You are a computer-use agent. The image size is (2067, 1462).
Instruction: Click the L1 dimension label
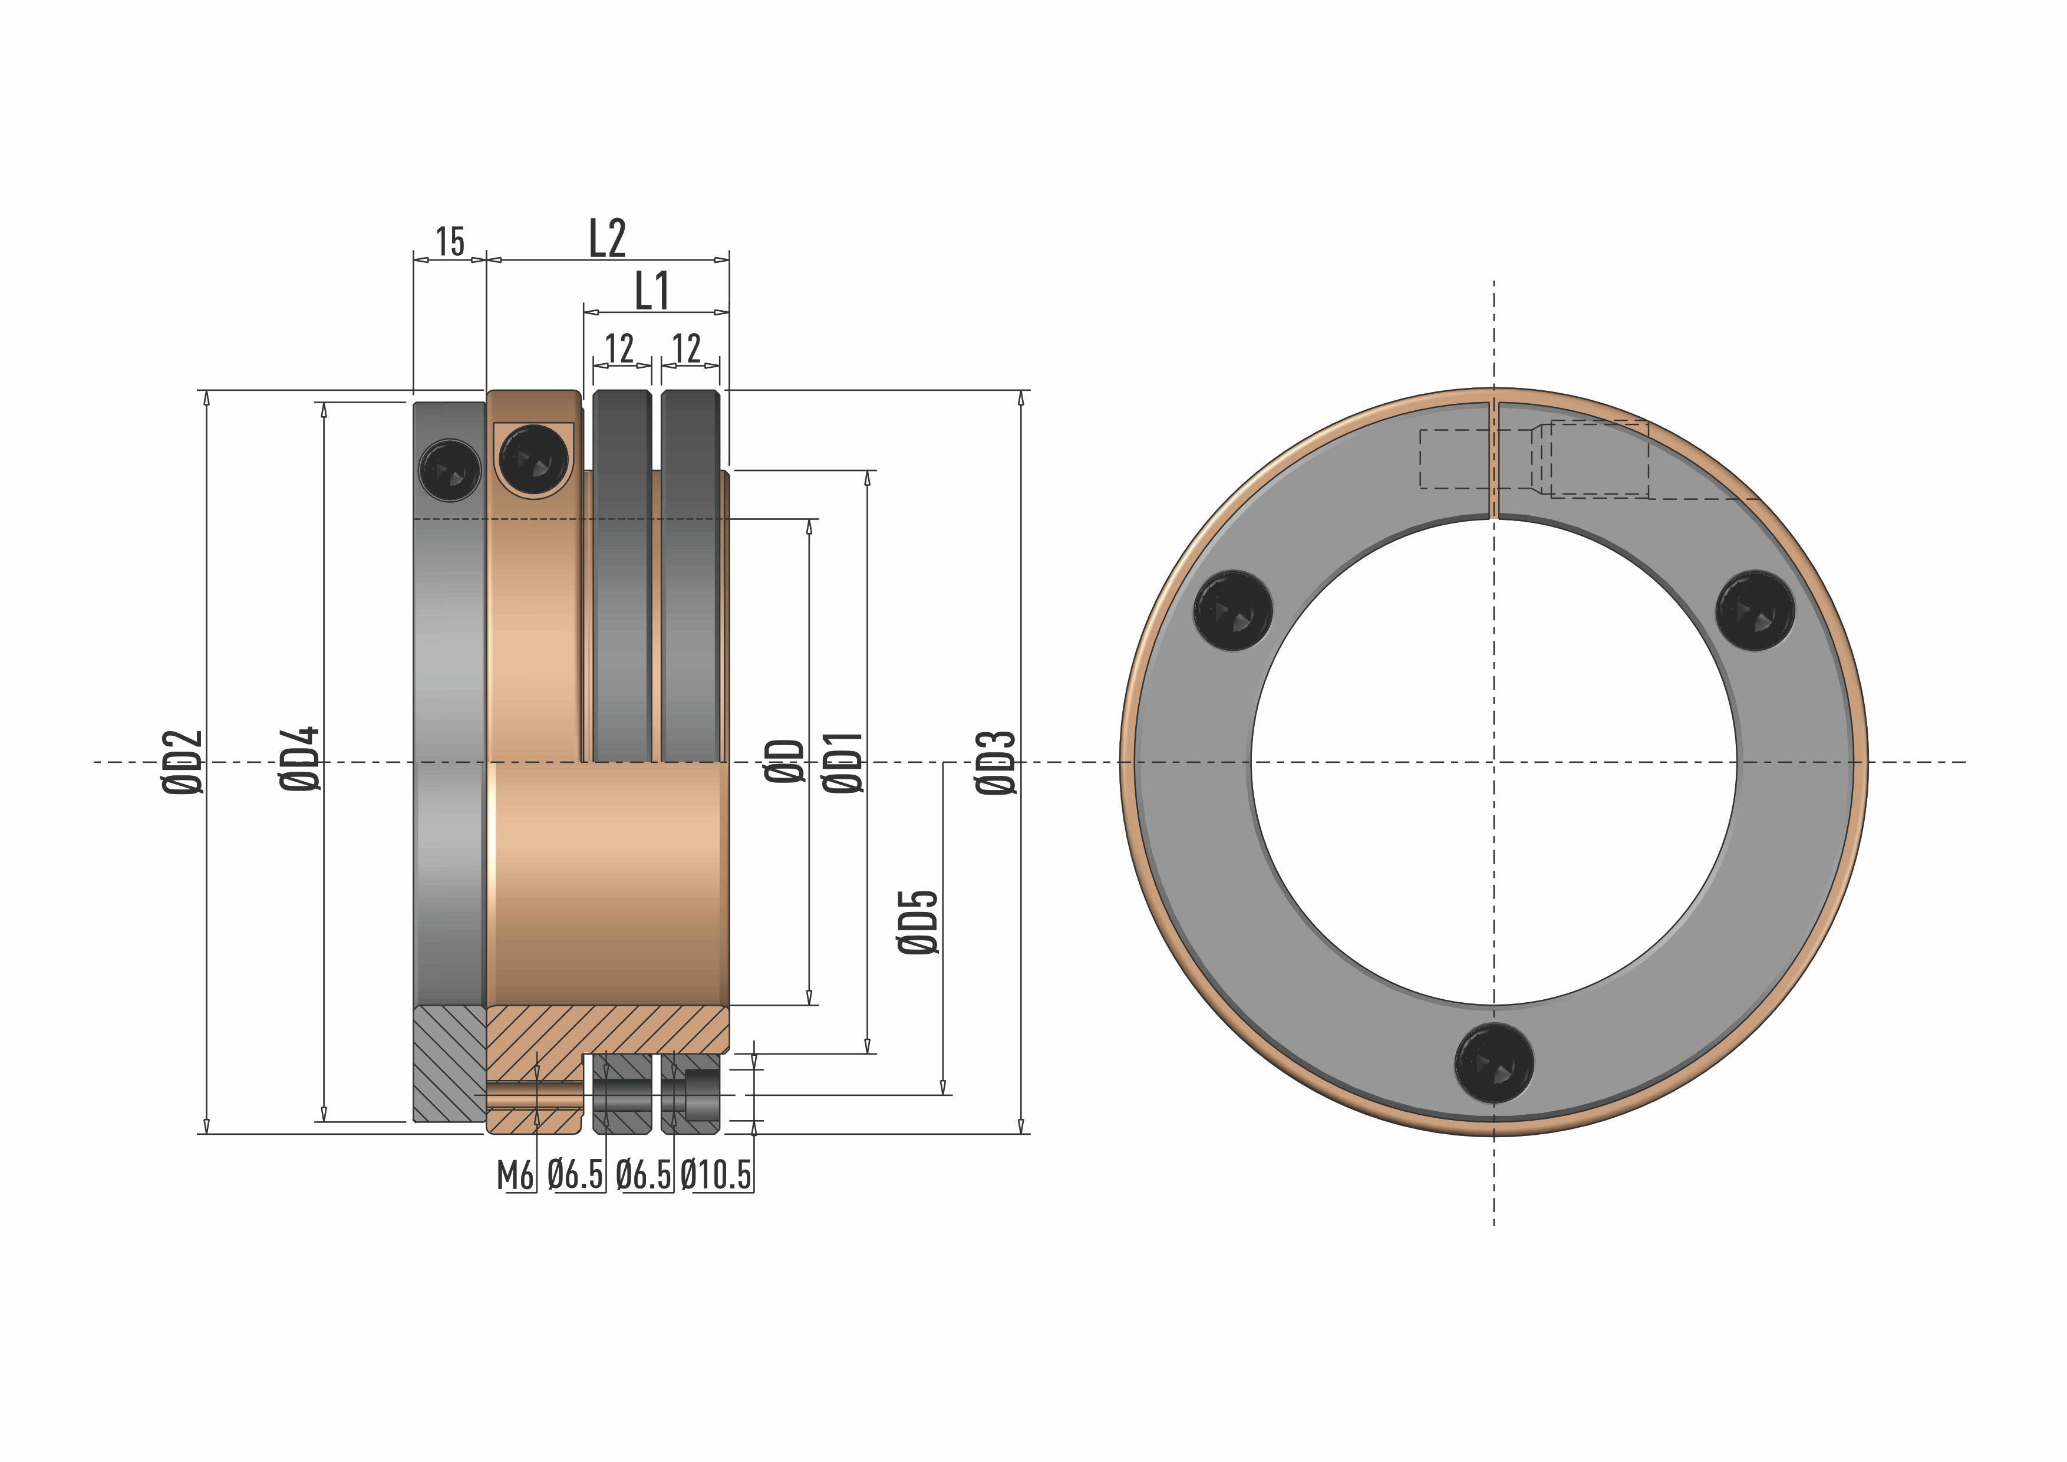click(x=652, y=291)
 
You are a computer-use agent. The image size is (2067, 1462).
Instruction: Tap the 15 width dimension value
click(x=450, y=242)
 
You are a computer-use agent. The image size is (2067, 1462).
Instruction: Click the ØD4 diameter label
click(x=301, y=759)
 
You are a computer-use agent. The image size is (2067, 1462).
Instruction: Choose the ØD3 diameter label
click(x=997, y=762)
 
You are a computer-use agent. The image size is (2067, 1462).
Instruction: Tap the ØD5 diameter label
click(x=918, y=922)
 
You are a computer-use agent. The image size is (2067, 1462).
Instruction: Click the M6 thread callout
click(x=515, y=1175)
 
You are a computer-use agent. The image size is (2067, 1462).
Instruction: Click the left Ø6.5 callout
click(x=575, y=1175)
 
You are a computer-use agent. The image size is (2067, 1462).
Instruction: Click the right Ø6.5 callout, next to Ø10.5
click(x=644, y=1175)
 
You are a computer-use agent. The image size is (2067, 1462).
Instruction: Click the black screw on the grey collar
click(x=450, y=469)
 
